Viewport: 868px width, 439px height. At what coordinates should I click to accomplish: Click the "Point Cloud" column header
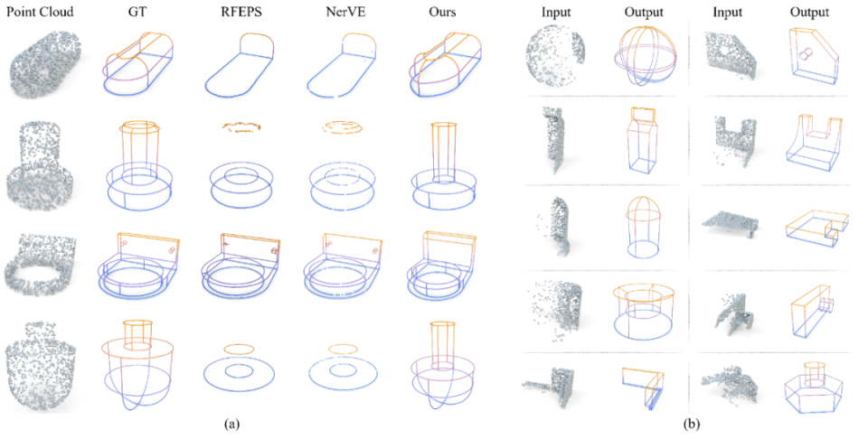[40, 12]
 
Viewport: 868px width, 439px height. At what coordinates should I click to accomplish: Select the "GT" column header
[137, 12]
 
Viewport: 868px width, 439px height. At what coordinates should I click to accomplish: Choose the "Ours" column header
[442, 12]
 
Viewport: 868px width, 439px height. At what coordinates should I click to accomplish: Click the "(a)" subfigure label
[231, 425]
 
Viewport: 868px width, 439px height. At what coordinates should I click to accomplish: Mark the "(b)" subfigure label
[692, 425]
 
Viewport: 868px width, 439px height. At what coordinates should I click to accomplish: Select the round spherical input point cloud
[554, 57]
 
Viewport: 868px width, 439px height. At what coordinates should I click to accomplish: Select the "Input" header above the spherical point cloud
[556, 12]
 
